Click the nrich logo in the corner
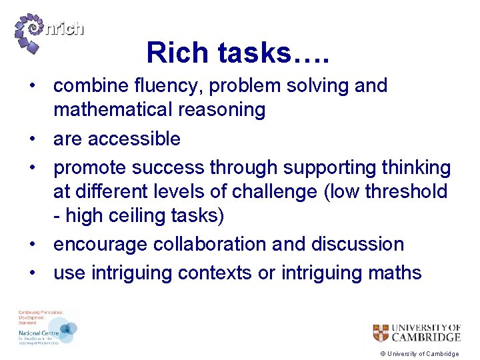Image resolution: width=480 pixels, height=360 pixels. pyautogui.click(x=48, y=30)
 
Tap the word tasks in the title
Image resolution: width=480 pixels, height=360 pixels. pyautogui.click(x=255, y=53)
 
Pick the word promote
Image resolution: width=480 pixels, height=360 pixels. pyautogui.click(x=90, y=168)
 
